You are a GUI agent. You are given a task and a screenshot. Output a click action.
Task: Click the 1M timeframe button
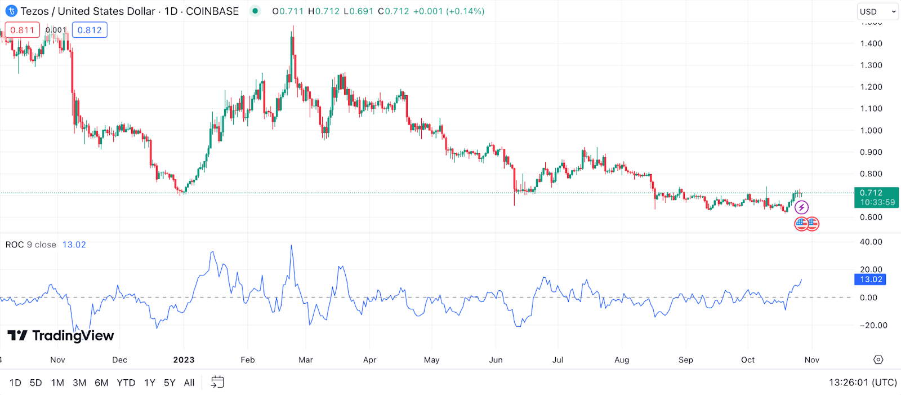[57, 383]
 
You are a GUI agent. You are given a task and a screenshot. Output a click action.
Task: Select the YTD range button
[126, 383]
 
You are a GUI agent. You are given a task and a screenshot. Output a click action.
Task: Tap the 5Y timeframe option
[170, 383]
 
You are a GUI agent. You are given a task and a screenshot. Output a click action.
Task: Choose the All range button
[189, 383]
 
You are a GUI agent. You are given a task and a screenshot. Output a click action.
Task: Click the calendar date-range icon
[217, 382]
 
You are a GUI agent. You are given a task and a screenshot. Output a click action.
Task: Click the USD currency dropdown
[877, 11]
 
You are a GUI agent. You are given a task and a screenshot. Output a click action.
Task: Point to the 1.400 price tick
[871, 43]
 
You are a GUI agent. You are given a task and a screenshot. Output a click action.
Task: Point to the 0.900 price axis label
[871, 152]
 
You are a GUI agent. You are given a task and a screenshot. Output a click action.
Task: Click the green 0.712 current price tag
[876, 197]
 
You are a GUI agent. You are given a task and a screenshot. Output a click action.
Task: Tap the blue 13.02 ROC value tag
[871, 279]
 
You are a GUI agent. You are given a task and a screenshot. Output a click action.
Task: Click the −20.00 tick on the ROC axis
[873, 325]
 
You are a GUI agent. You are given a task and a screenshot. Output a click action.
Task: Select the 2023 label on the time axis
[184, 360]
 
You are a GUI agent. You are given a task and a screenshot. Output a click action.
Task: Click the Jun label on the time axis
[496, 360]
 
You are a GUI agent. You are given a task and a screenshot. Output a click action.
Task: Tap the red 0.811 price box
[23, 30]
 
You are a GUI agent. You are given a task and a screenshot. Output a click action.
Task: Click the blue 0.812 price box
[90, 30]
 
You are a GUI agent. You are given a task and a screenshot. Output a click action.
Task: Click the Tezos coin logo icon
[11, 11]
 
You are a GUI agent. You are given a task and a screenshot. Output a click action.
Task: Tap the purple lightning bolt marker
[801, 207]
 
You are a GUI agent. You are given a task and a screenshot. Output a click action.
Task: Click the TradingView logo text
[61, 336]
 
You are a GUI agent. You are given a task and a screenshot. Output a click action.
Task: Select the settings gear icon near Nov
[878, 360]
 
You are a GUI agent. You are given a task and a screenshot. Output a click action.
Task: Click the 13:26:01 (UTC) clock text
[863, 383]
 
